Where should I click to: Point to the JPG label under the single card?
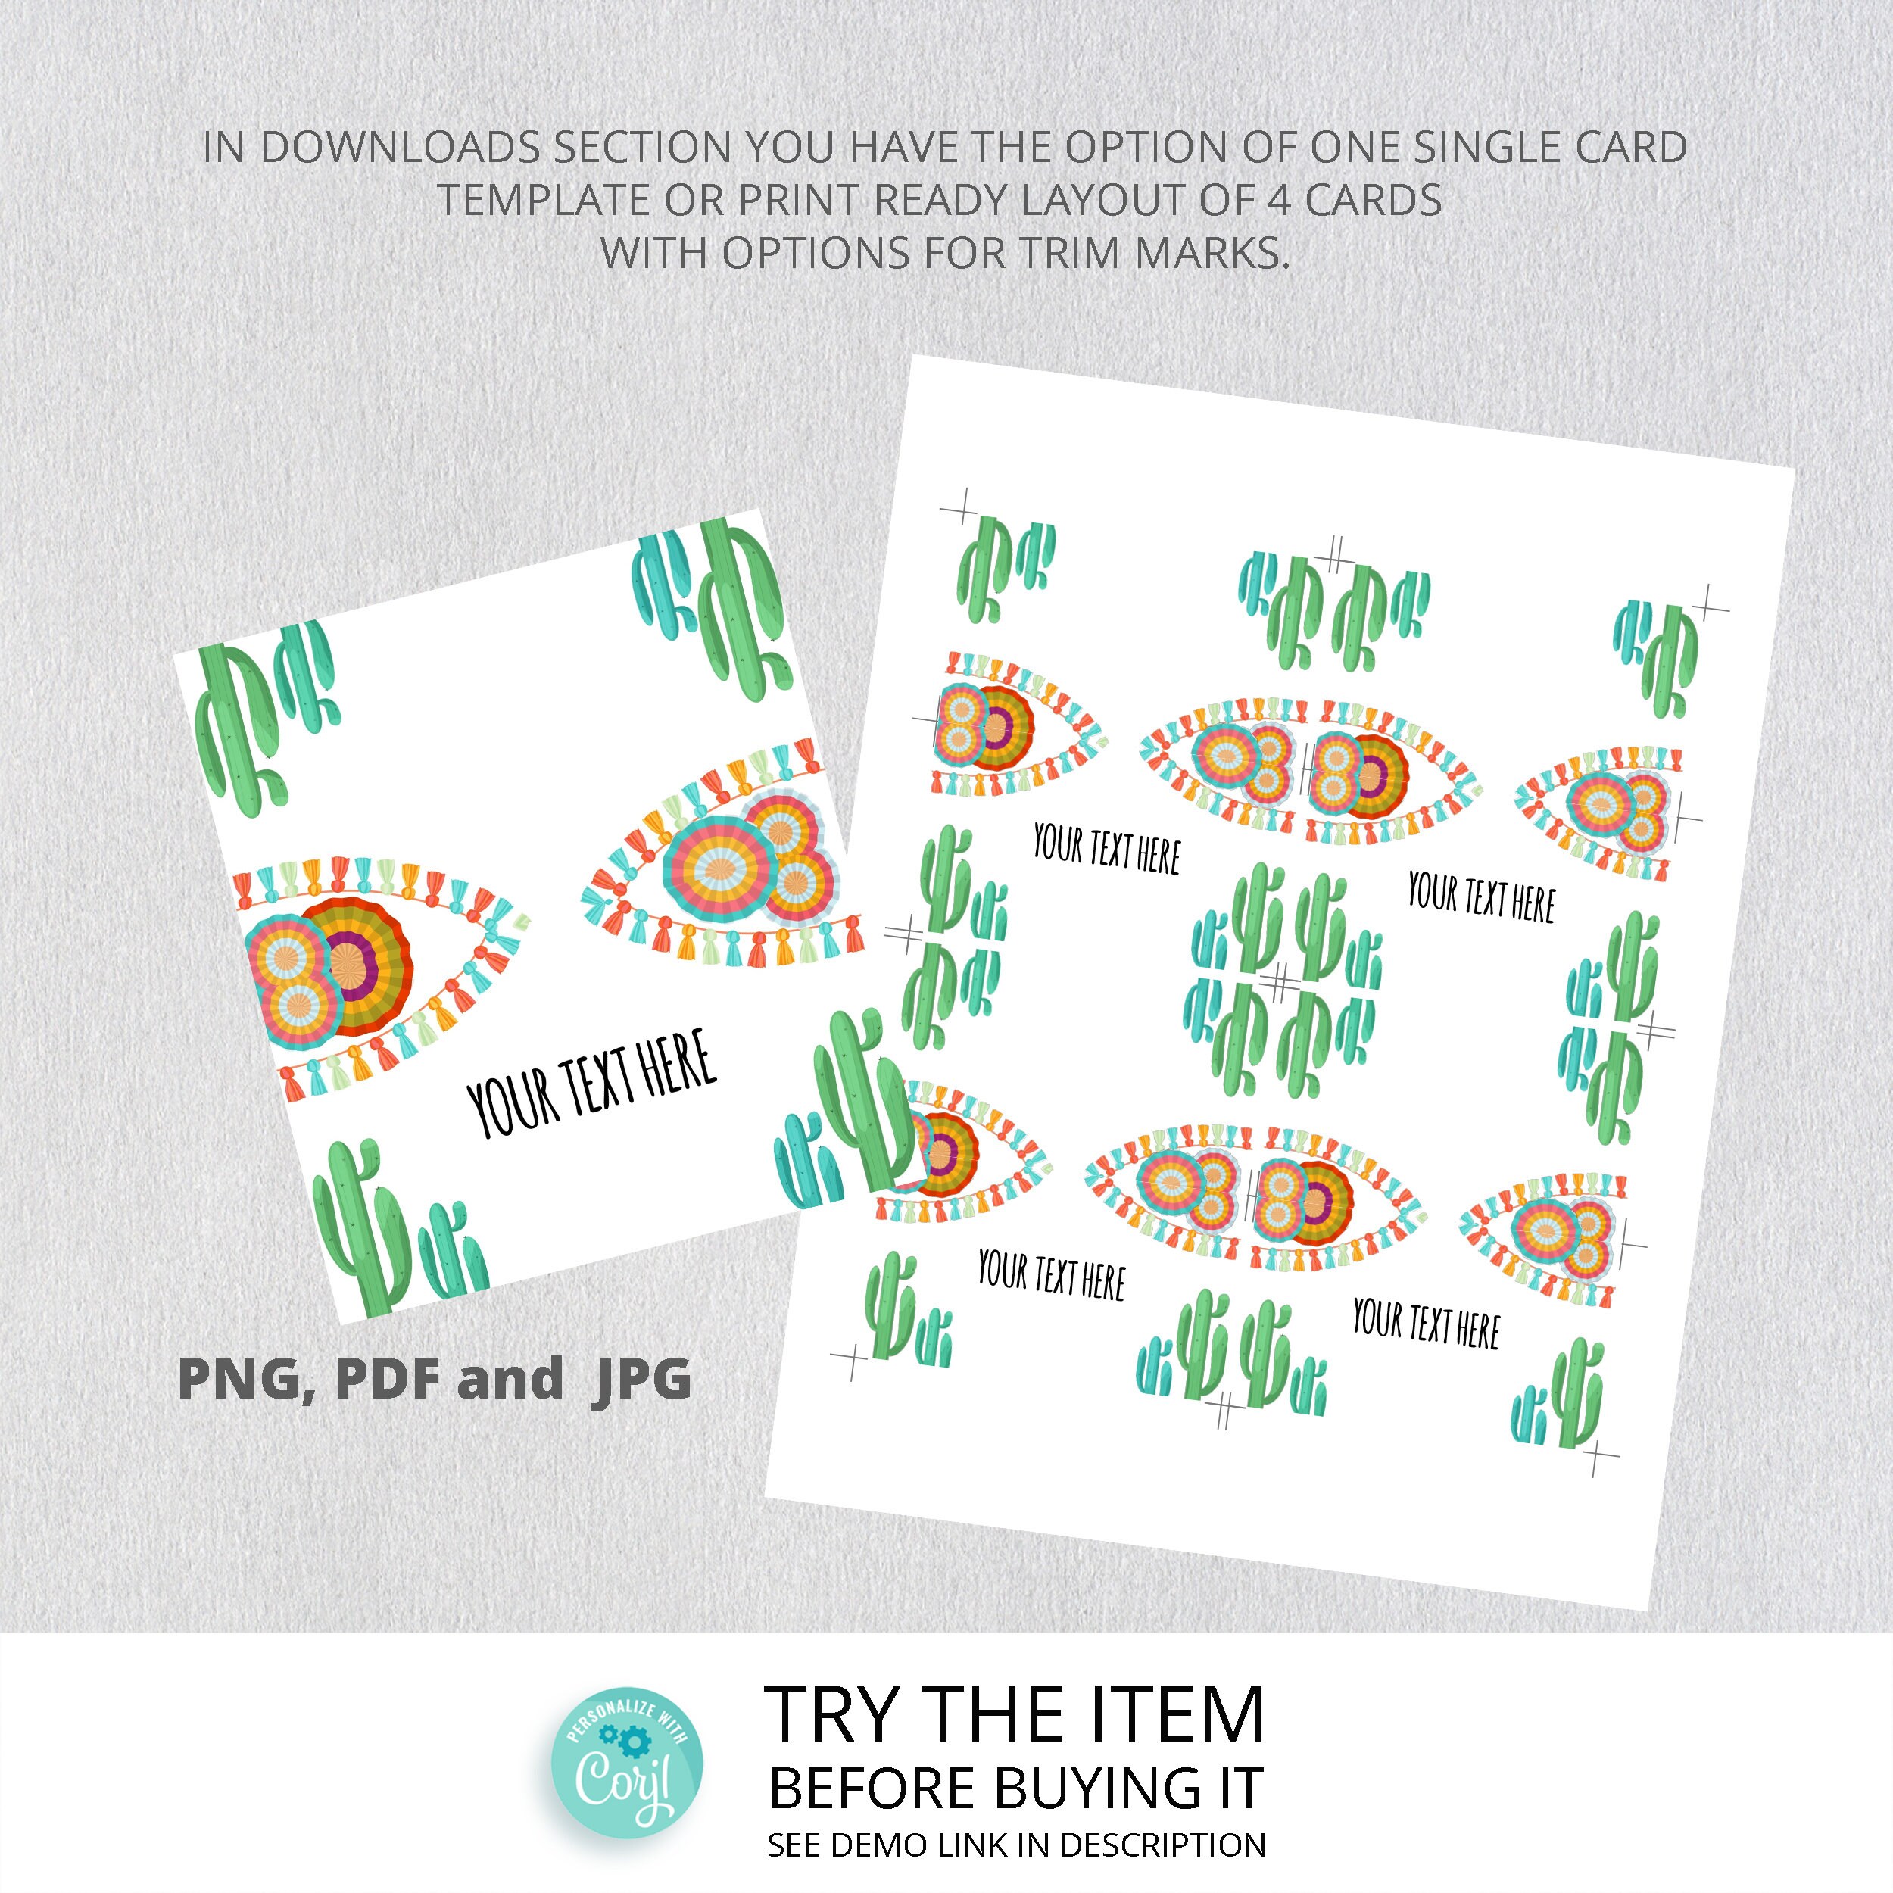coord(642,1379)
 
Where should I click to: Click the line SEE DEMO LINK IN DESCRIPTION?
coord(1016,1845)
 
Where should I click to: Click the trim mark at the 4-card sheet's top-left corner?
coord(959,510)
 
